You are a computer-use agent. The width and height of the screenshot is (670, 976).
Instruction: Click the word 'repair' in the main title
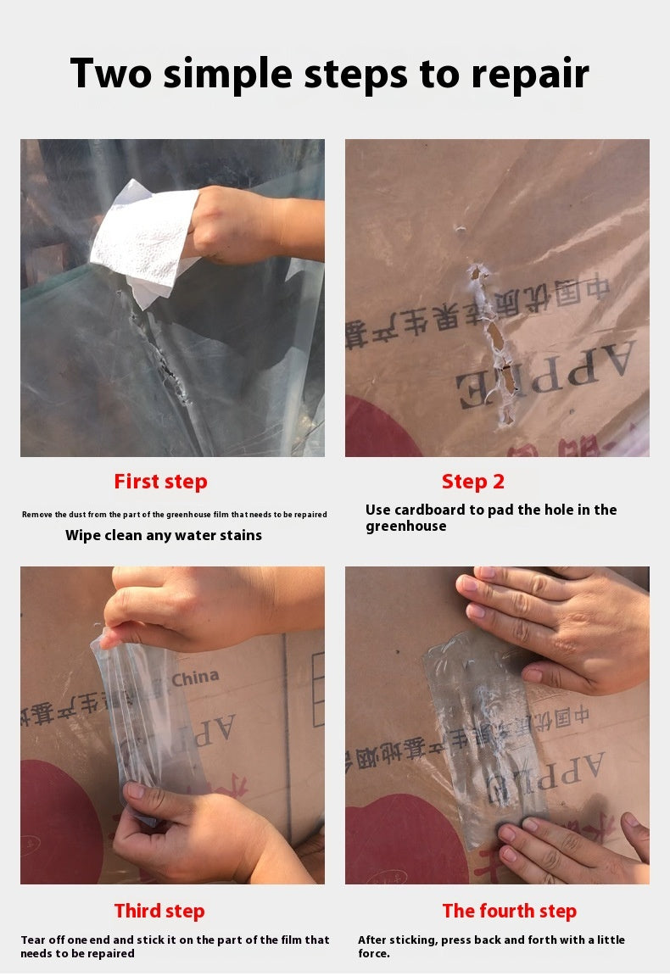pos(530,74)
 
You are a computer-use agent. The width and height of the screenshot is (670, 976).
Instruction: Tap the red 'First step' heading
pos(160,482)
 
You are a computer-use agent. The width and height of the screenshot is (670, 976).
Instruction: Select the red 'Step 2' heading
pos(472,482)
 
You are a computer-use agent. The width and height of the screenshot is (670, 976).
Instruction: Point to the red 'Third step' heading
pos(159,911)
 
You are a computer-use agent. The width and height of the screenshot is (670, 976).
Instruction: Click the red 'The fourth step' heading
pos(509,911)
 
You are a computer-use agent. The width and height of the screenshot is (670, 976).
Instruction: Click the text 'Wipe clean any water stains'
pos(164,535)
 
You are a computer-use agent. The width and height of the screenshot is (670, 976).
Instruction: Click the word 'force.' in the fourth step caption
pos(374,953)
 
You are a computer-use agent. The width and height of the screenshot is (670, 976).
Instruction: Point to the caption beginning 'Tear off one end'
pos(174,946)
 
